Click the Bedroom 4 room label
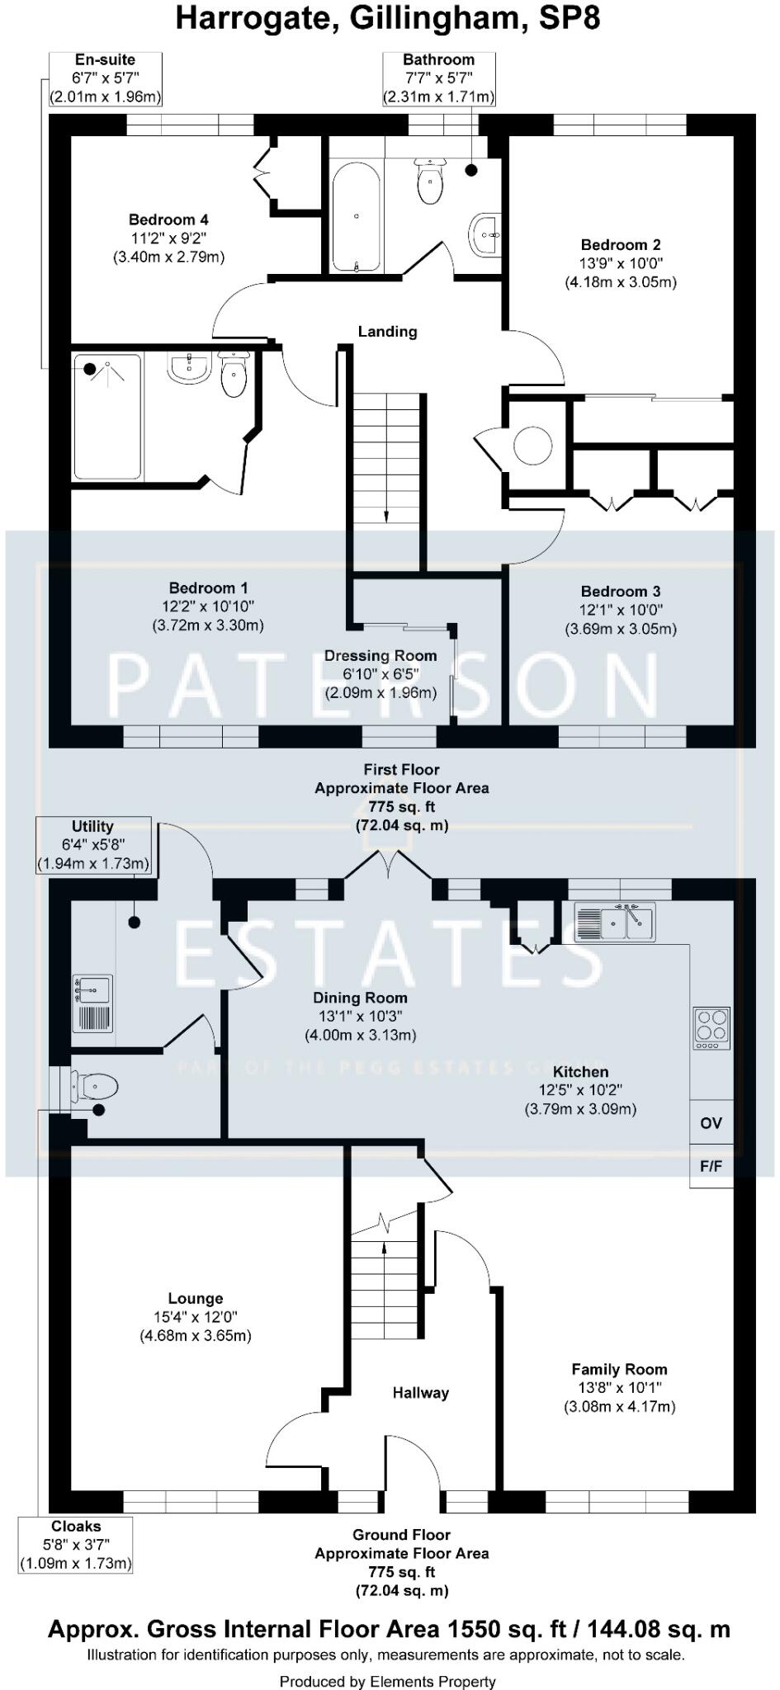(168, 220)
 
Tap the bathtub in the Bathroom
(356, 216)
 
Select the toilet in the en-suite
(234, 376)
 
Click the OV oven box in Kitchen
(711, 1123)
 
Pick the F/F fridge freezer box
(711, 1166)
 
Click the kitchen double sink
(615, 922)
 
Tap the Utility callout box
(93, 845)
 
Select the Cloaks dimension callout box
(76, 1545)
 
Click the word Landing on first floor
(387, 332)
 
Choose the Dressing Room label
(380, 656)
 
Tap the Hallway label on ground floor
(420, 1393)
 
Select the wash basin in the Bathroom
(485, 234)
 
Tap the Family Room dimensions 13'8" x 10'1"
(619, 1388)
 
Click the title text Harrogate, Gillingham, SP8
(388, 18)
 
